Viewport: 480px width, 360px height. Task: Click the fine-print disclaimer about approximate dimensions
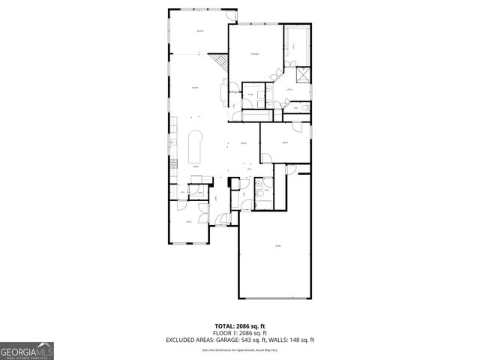point(239,349)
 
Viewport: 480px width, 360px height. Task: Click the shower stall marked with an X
point(303,76)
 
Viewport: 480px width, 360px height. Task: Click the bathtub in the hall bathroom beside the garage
point(267,193)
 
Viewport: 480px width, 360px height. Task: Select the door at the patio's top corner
point(234,16)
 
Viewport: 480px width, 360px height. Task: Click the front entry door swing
point(220,219)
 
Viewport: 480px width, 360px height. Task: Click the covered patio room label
point(199,31)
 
